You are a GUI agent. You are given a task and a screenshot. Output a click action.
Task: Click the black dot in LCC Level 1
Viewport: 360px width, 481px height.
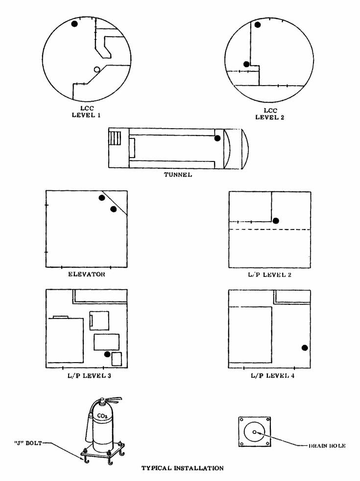coord(74,23)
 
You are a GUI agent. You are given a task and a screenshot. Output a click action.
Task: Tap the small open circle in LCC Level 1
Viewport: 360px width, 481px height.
coord(97,69)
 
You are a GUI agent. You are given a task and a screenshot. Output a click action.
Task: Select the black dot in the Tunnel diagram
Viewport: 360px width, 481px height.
coord(217,138)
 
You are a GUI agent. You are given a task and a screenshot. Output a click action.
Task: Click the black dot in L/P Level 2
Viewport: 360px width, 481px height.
coord(276,221)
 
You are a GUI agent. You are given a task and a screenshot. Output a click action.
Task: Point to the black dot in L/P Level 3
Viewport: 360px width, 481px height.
coord(107,354)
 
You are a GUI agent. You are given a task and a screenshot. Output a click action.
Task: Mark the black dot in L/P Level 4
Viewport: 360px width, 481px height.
coord(305,347)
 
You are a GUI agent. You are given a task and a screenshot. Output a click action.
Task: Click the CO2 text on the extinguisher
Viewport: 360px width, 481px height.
coord(102,416)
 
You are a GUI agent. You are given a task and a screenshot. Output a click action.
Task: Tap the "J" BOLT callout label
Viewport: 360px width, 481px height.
coord(28,443)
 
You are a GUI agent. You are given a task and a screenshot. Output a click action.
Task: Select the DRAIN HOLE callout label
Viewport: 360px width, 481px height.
coord(327,446)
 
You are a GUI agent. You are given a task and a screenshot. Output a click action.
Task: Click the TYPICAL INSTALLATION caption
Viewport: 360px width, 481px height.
coord(183,468)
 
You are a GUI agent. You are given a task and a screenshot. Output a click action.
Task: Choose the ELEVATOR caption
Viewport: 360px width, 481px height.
coord(86,274)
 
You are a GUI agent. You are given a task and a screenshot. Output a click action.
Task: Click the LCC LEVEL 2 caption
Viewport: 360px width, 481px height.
coord(270,114)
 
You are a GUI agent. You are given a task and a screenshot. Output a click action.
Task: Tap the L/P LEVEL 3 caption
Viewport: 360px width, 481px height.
coord(89,375)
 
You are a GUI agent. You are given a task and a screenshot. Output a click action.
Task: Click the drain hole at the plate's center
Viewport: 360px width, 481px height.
coord(254,432)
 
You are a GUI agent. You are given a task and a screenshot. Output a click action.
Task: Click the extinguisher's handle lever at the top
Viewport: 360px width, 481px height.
coord(114,400)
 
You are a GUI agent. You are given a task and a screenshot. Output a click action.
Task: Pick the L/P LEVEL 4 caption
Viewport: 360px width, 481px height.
coord(273,375)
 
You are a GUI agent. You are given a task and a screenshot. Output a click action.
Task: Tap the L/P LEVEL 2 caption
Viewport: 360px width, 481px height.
coord(270,275)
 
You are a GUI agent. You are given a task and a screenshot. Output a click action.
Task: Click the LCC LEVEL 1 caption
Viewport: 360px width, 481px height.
coord(86,112)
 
